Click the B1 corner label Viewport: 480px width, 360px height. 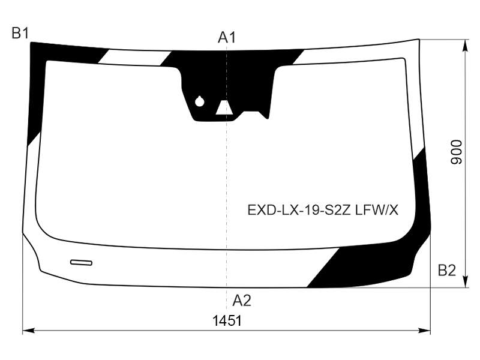[20, 33]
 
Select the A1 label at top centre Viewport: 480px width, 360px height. [227, 38]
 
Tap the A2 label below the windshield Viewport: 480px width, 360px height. [242, 301]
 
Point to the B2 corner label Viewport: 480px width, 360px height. [447, 271]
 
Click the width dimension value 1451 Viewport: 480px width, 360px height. [227, 321]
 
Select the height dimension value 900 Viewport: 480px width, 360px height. [456, 152]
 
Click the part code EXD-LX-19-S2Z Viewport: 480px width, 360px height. [299, 211]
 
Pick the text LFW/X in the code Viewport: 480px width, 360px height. [377, 211]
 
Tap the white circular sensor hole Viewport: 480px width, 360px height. [200, 101]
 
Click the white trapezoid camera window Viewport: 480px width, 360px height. [224, 107]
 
